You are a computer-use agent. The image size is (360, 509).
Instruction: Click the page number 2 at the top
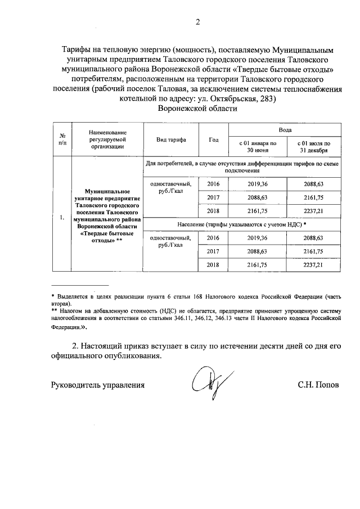pyautogui.click(x=197, y=22)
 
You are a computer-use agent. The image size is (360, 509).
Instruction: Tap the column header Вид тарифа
pyautogui.click(x=171, y=140)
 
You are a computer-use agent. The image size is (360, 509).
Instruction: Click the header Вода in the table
pyautogui.click(x=285, y=129)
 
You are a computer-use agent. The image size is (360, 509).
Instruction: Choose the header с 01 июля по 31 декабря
pyautogui.click(x=314, y=147)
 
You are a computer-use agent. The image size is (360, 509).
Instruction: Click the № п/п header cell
pyautogui.click(x=58, y=140)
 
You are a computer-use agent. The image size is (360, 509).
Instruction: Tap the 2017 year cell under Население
pyautogui.click(x=213, y=251)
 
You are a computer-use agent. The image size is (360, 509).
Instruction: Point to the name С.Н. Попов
pyautogui.click(x=319, y=385)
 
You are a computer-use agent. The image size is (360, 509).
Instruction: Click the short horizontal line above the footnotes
pyautogui.click(x=79, y=286)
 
